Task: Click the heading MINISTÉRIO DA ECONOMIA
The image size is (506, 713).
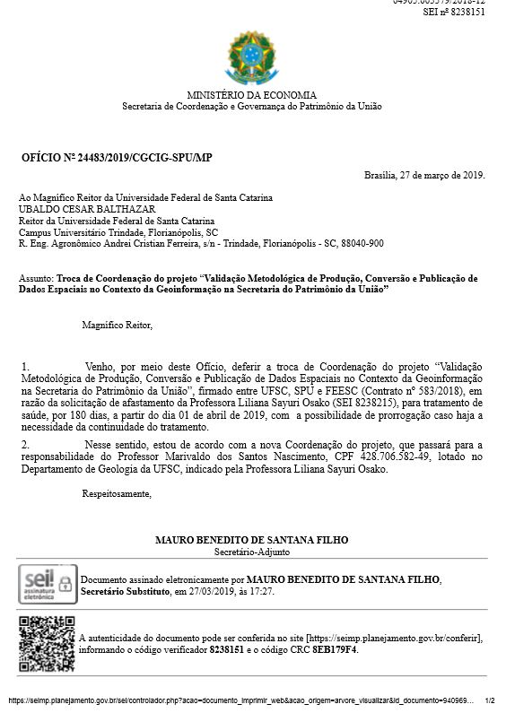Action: [251, 95]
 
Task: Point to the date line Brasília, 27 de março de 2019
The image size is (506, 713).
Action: [423, 175]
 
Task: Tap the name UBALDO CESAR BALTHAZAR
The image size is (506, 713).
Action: [74, 209]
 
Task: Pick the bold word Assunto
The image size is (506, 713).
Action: [35, 279]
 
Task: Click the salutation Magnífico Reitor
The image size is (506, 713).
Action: [117, 325]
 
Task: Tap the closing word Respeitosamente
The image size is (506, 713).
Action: [117, 493]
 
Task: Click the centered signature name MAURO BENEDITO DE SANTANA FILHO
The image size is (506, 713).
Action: [251, 540]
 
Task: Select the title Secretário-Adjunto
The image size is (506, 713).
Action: [251, 552]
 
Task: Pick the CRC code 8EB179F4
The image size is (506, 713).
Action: [335, 649]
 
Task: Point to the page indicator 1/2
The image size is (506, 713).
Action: [489, 700]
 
